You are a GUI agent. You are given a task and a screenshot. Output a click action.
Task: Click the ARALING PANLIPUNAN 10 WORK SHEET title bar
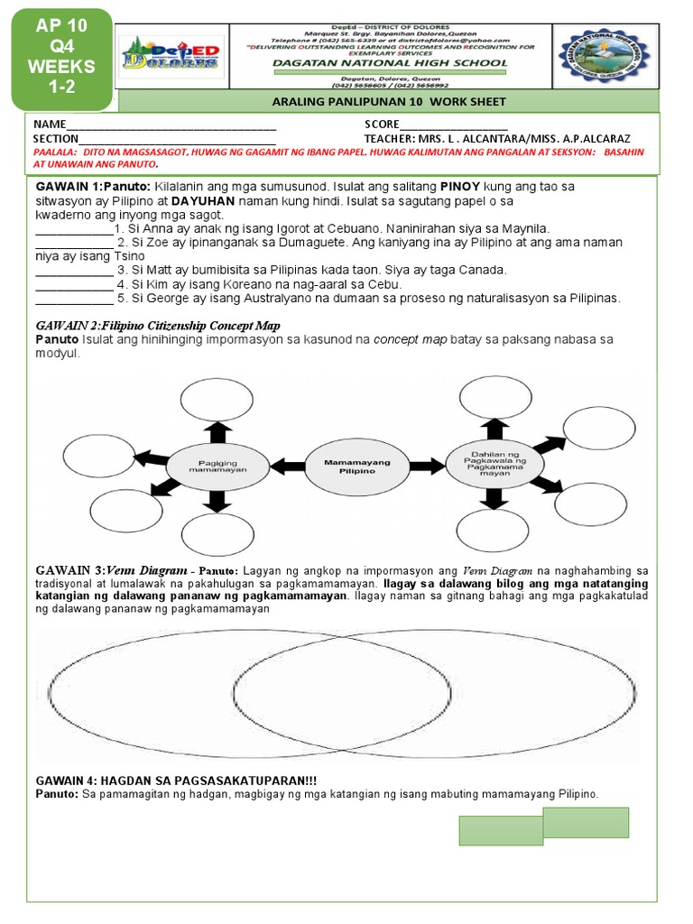pyautogui.click(x=389, y=102)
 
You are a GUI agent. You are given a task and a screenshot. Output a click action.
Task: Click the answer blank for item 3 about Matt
pyautogui.click(x=74, y=271)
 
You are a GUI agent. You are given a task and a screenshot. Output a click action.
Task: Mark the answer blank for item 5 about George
pyautogui.click(x=74, y=298)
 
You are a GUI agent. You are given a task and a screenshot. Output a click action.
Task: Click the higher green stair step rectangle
pyautogui.click(x=586, y=823)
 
